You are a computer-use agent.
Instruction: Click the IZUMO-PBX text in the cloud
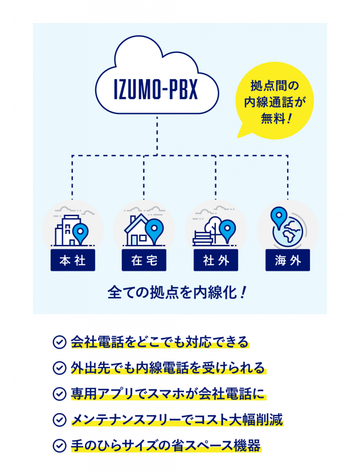tap(156, 89)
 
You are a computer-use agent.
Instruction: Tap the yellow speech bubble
tap(274, 101)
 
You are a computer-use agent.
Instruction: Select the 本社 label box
tap(73, 260)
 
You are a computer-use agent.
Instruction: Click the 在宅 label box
tap(144, 260)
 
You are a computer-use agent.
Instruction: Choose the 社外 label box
tap(216, 260)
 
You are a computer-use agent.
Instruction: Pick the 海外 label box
tap(287, 260)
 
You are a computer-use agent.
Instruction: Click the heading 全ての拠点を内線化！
tap(177, 292)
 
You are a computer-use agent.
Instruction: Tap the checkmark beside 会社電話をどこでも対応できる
tap(60, 342)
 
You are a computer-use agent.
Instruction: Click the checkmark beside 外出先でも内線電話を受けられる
tap(60, 368)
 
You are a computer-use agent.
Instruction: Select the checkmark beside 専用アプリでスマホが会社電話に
tap(60, 394)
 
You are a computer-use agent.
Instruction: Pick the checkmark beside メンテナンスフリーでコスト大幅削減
tap(60, 419)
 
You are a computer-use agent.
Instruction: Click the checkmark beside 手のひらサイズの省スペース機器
tap(60, 446)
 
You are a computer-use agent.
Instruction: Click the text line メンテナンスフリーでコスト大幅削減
tap(177, 419)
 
